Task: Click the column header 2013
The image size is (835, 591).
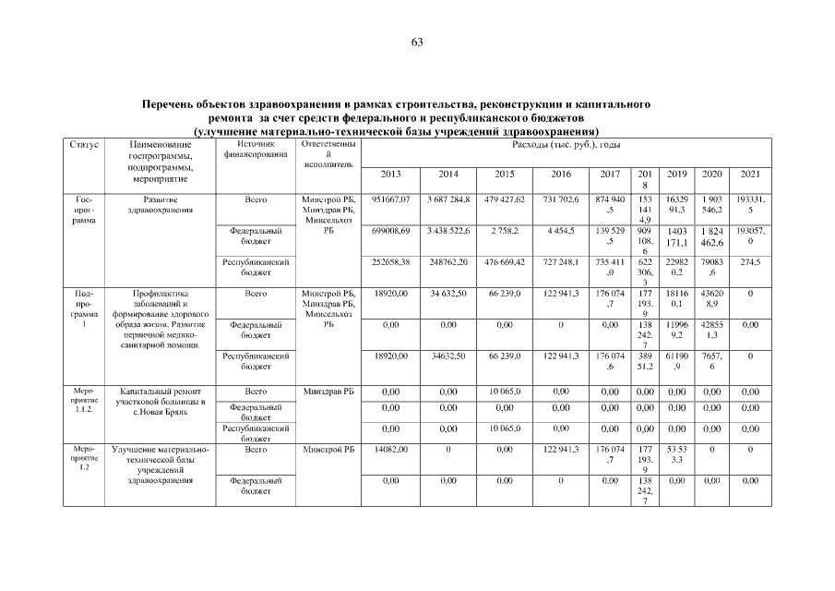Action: coord(390,175)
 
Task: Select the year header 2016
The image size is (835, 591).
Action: coord(561,175)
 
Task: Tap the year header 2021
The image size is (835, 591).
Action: coord(750,175)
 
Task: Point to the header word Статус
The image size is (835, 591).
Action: coord(84,145)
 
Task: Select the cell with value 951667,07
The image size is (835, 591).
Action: coord(390,199)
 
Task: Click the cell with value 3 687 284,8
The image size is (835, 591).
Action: coord(448,199)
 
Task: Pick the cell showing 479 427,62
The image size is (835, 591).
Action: coord(505,199)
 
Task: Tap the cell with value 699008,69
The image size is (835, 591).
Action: coord(390,229)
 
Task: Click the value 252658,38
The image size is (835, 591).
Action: coord(390,262)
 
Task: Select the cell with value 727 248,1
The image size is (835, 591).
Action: coord(561,262)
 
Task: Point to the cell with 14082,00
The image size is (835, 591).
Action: coord(390,449)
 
